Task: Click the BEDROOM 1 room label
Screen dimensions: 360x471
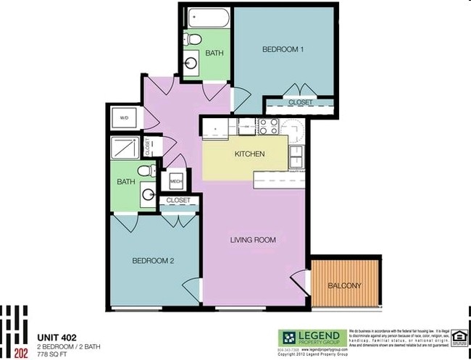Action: click(283, 50)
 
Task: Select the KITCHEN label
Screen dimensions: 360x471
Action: click(249, 154)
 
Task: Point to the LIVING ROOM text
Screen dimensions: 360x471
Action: click(253, 240)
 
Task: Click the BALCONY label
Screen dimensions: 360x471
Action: click(343, 285)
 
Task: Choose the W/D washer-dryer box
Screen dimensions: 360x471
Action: click(124, 117)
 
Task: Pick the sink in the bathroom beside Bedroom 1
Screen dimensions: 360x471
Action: click(193, 64)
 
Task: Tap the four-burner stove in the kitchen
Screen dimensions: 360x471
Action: click(267, 127)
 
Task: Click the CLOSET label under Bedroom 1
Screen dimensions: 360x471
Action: click(300, 103)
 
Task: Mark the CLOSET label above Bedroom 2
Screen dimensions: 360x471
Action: click(178, 200)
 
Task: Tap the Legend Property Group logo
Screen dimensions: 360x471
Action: click(311, 338)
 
